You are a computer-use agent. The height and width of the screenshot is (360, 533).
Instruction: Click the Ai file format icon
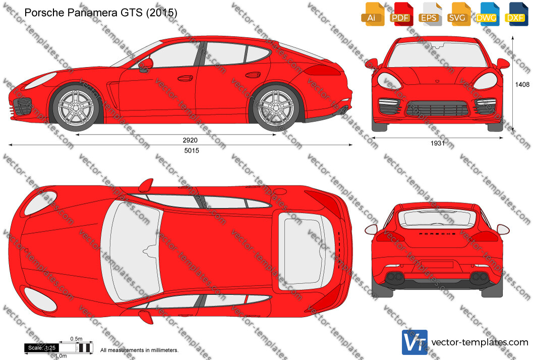(x=373, y=14)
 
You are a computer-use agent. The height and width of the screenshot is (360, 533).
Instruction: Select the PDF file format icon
(x=401, y=14)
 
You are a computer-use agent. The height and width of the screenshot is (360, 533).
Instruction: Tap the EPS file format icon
(x=430, y=14)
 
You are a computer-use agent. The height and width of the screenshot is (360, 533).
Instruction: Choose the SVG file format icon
(x=459, y=14)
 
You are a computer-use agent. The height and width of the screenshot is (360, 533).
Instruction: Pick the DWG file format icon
(x=488, y=14)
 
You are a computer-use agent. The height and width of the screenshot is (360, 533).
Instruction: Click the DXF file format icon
(x=516, y=14)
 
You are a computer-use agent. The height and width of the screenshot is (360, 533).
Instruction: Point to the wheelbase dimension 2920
(x=190, y=140)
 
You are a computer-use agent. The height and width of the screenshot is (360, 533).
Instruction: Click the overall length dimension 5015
(x=192, y=151)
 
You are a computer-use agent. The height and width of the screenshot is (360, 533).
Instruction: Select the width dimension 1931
(x=438, y=144)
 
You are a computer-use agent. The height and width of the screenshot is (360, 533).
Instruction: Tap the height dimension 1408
(x=522, y=84)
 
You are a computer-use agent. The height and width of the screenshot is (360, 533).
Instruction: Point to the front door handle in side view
(x=185, y=79)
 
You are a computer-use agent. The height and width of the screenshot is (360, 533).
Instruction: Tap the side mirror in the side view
(x=146, y=65)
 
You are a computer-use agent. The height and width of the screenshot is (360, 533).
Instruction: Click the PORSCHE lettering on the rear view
(x=438, y=234)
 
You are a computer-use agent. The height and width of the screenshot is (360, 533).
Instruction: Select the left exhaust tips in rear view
(x=395, y=277)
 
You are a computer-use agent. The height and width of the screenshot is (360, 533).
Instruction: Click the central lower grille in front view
(x=438, y=109)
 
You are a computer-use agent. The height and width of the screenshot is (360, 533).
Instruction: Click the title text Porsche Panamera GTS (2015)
(x=101, y=13)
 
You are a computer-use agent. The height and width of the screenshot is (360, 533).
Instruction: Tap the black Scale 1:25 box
(x=41, y=348)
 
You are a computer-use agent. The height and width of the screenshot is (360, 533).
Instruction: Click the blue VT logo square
(x=414, y=342)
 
